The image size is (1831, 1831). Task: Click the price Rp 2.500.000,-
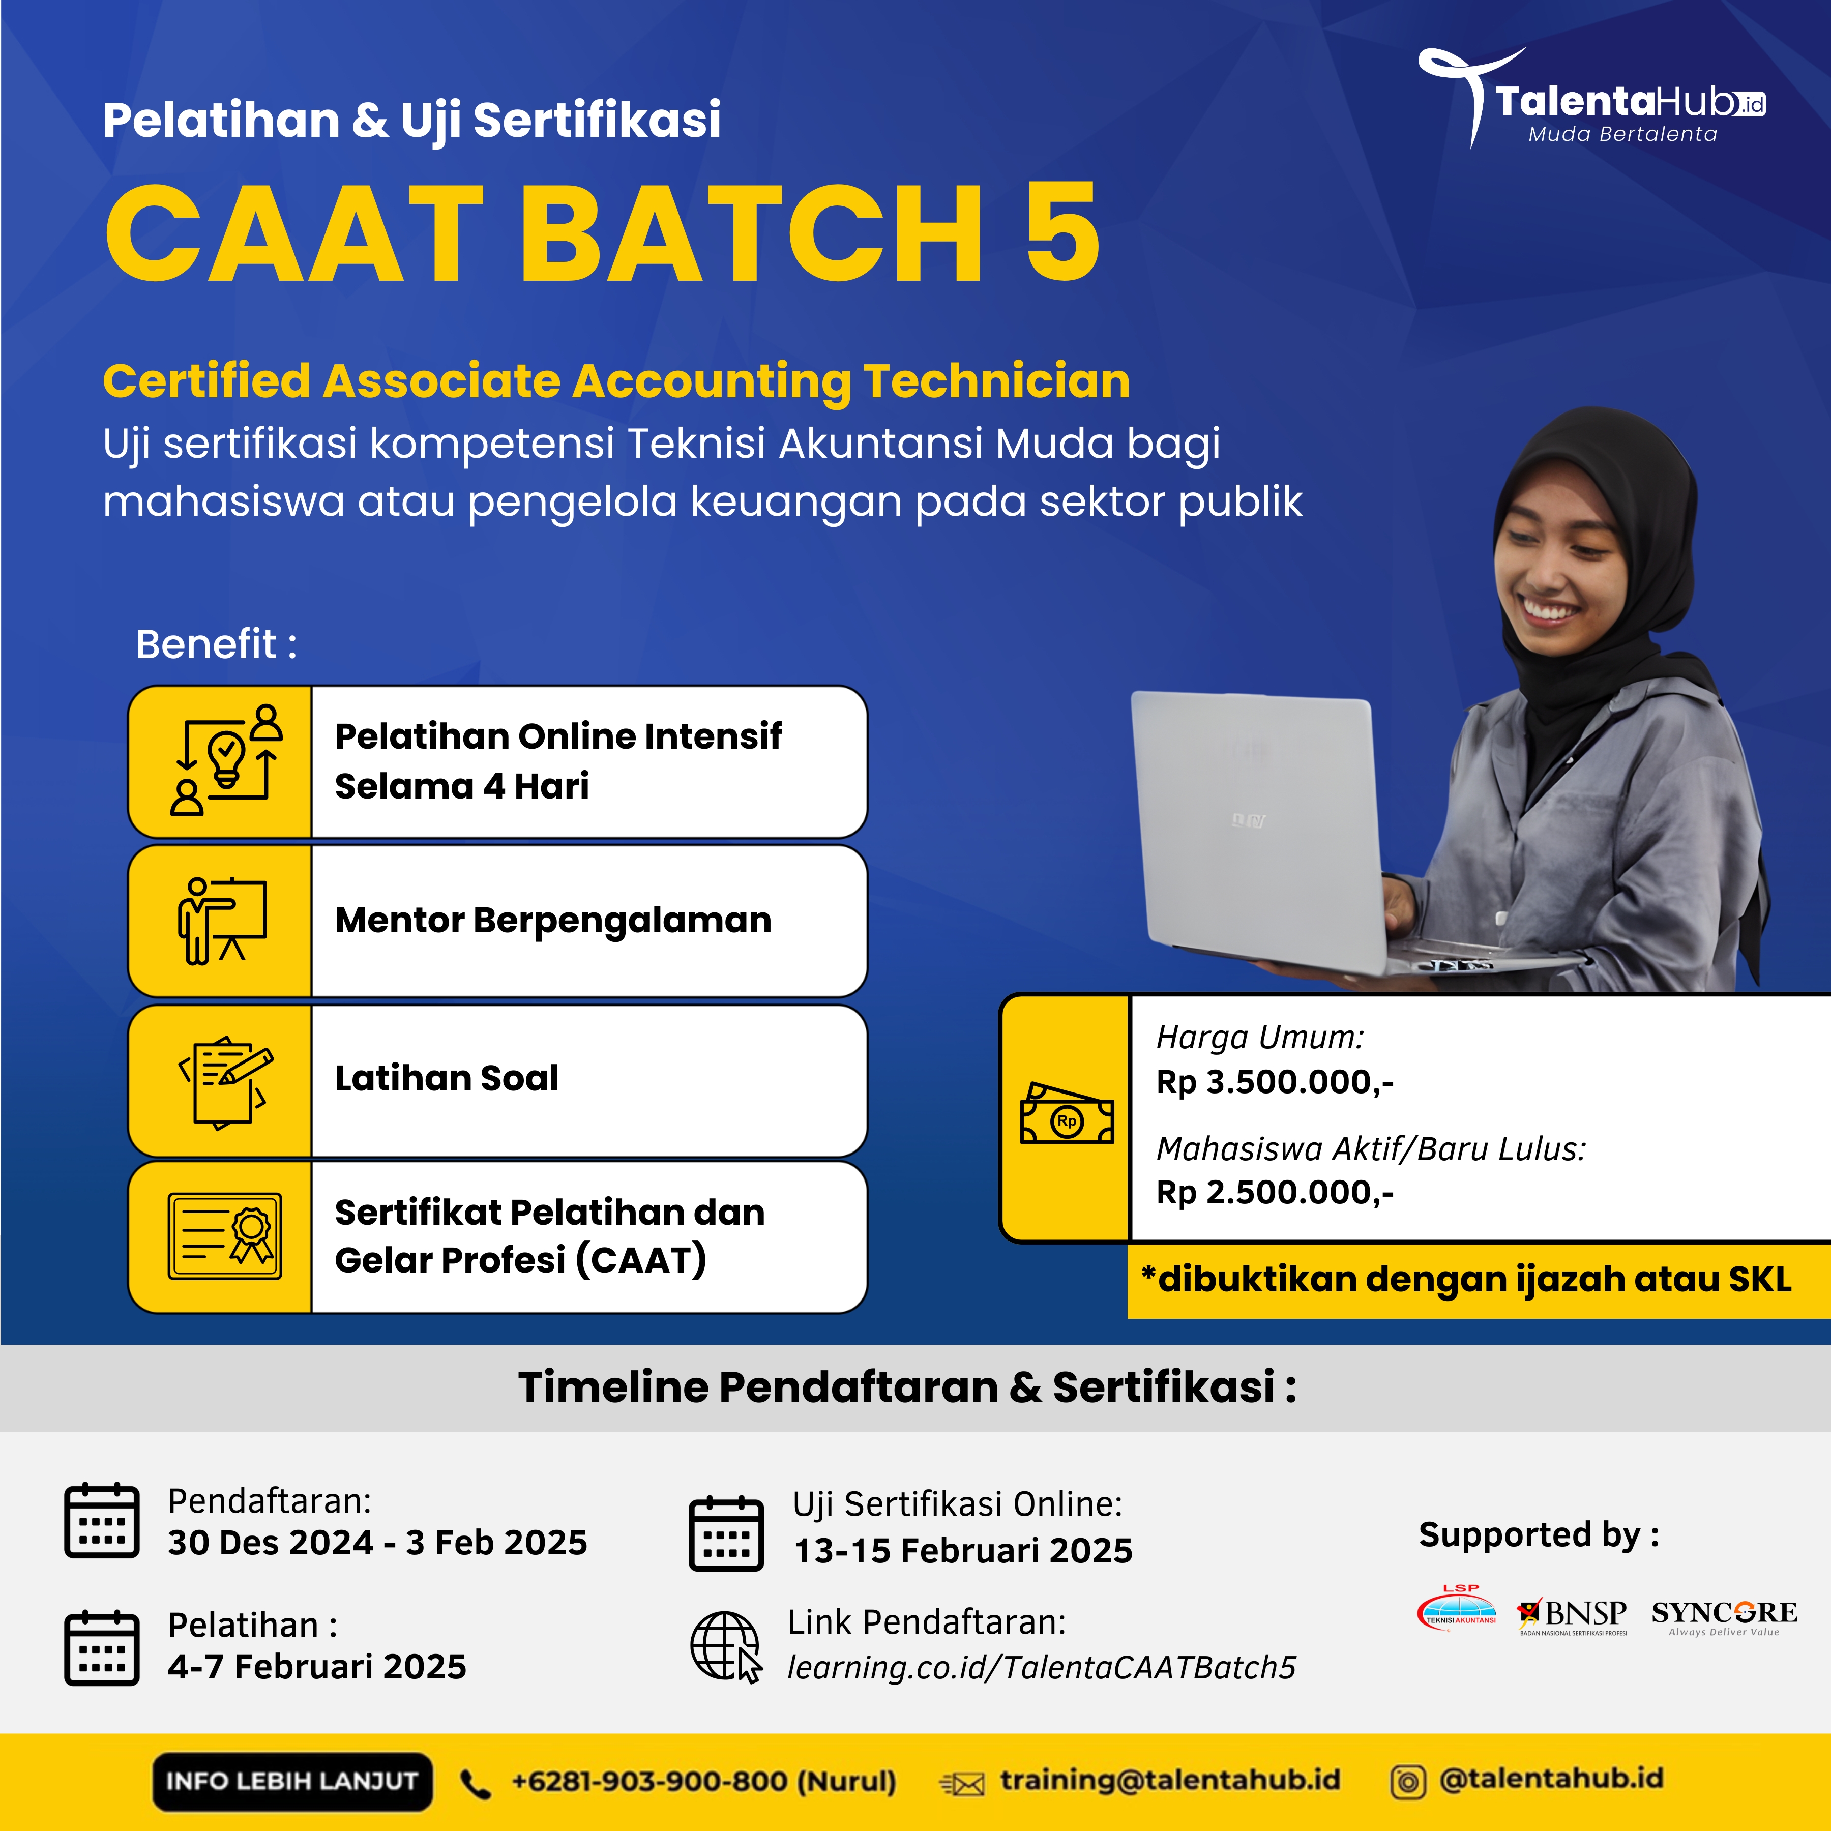tap(1275, 1192)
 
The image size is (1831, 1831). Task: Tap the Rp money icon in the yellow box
tap(1066, 1115)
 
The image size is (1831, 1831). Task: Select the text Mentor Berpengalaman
tap(552, 920)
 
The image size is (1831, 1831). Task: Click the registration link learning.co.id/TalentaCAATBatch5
tap(1041, 1667)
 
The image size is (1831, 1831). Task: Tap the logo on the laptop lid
tap(1247, 821)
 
